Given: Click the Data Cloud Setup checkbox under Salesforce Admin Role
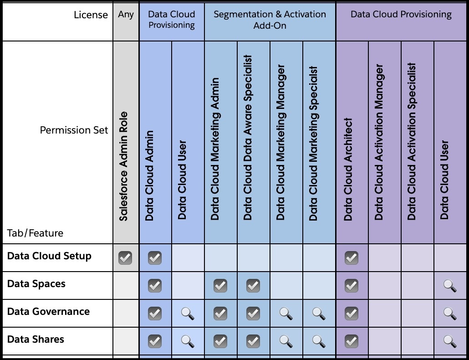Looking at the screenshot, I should (x=125, y=258).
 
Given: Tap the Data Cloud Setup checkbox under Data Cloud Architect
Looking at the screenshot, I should (x=351, y=258).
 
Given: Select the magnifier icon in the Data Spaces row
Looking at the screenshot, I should (x=449, y=286).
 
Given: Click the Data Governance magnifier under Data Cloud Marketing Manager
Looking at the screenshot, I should (x=286, y=314).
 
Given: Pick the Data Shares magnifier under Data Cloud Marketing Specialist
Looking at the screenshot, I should (x=319, y=341).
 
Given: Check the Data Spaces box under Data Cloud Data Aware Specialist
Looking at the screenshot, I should (x=253, y=286).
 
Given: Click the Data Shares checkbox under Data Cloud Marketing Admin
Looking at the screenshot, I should (x=220, y=341).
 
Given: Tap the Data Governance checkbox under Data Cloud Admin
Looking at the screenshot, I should (x=155, y=314).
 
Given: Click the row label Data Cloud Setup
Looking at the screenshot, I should (x=49, y=256).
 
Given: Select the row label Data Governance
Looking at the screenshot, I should (x=48, y=312).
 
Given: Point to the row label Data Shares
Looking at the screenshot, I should (x=36, y=339).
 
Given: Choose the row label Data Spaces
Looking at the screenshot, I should (x=36, y=284).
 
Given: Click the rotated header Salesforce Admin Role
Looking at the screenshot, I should (x=124, y=166).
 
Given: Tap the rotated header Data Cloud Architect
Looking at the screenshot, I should (x=349, y=170).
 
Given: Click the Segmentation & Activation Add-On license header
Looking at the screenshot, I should (x=270, y=20).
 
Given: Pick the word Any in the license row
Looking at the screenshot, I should (x=126, y=15).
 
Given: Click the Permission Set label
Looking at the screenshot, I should (x=74, y=130).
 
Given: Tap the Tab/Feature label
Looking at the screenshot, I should (x=35, y=233).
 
